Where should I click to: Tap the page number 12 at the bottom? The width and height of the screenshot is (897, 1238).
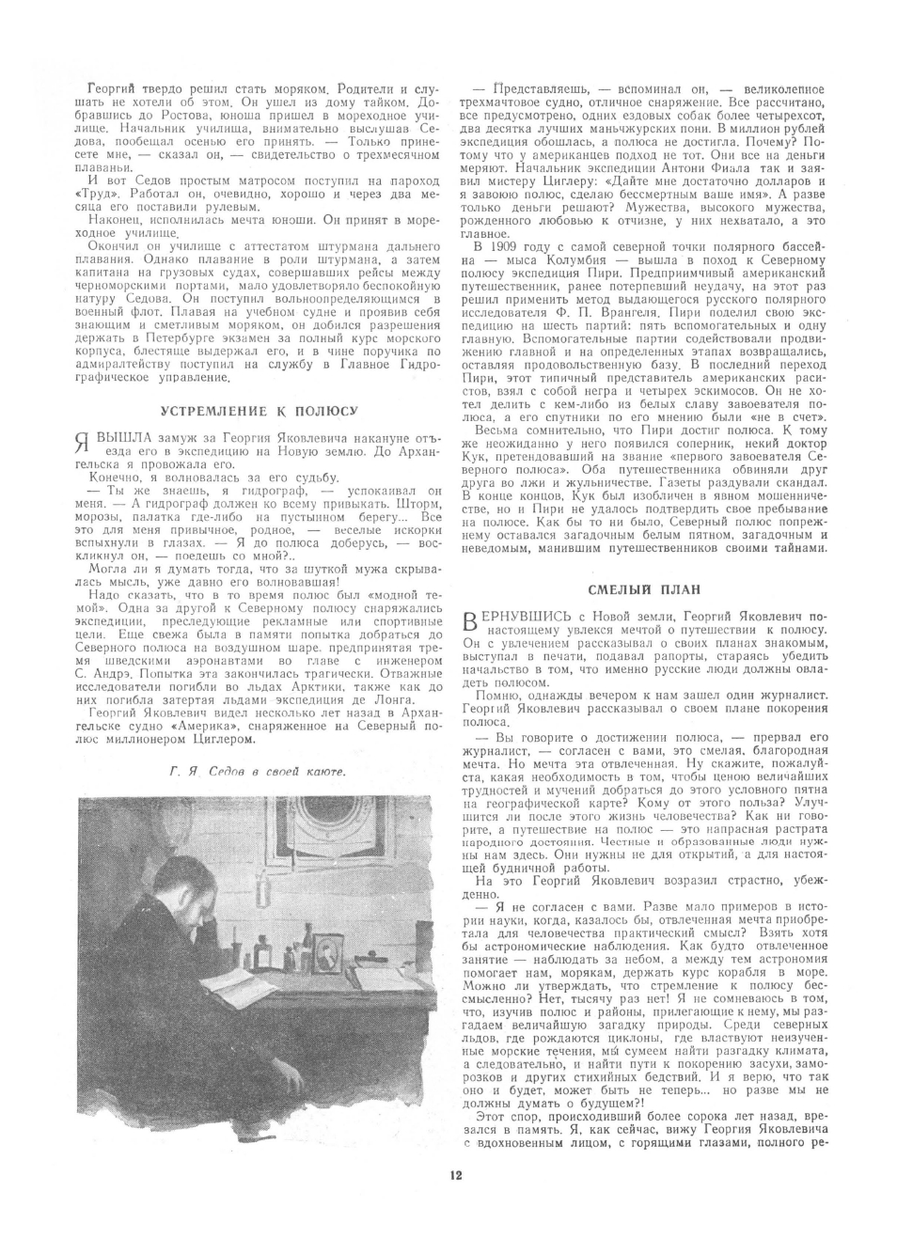455,1174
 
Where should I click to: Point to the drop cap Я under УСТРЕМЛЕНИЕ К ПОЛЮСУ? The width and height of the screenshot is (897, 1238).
83,444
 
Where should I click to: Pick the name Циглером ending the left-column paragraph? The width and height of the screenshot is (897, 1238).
224,739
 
